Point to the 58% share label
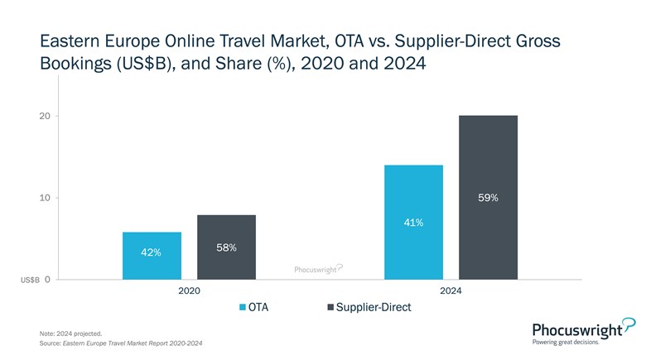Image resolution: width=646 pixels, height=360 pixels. coord(226,247)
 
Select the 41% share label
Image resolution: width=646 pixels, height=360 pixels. coord(414,222)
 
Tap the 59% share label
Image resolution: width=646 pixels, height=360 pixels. coord(488,198)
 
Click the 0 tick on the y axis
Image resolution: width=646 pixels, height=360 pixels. coord(47,280)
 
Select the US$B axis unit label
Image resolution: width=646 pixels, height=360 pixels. coord(30,281)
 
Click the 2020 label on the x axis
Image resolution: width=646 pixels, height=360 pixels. coord(189,291)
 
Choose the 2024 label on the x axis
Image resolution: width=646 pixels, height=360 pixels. coord(451,291)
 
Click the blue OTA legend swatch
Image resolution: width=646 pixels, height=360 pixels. coord(242,307)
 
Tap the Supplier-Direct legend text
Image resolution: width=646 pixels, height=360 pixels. coord(374,307)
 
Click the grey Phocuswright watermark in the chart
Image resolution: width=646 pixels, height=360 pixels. coord(319,269)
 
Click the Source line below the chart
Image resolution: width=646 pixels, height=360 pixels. coord(121,343)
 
